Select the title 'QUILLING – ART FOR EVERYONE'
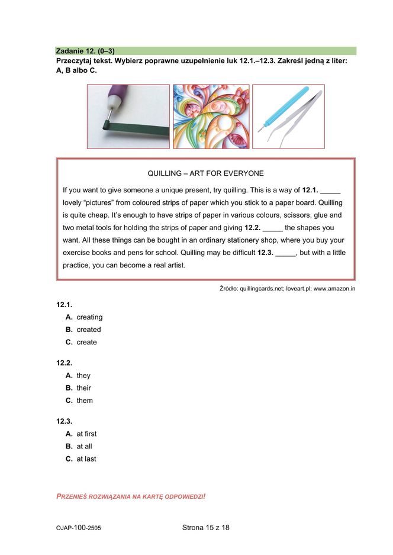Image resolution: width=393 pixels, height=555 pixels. pyautogui.click(x=205, y=173)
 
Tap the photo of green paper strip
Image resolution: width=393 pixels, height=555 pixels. pyautogui.click(x=128, y=116)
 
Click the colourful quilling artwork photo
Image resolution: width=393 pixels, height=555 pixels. pyautogui.click(x=211, y=116)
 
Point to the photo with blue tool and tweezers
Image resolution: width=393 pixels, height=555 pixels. pyautogui.click(x=288, y=116)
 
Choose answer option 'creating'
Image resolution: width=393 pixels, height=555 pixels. pyautogui.click(x=89, y=317)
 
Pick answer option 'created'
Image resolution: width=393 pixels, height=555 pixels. pyautogui.click(x=89, y=330)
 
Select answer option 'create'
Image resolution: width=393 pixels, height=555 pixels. pyautogui.click(x=86, y=342)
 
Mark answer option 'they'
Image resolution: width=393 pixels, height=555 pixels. pyautogui.click(x=83, y=375)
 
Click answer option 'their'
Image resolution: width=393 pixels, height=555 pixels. pyautogui.click(x=83, y=388)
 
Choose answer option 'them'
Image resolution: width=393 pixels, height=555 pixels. pyautogui.click(x=85, y=400)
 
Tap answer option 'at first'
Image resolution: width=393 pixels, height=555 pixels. pyautogui.click(x=86, y=434)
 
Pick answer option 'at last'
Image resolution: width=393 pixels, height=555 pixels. pyautogui.click(x=86, y=459)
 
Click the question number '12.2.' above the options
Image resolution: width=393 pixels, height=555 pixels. pyautogui.click(x=64, y=363)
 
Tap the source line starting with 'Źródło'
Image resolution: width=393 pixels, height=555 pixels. pyautogui.click(x=287, y=289)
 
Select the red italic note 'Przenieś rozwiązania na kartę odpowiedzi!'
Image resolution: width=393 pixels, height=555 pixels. pyautogui.click(x=131, y=496)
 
